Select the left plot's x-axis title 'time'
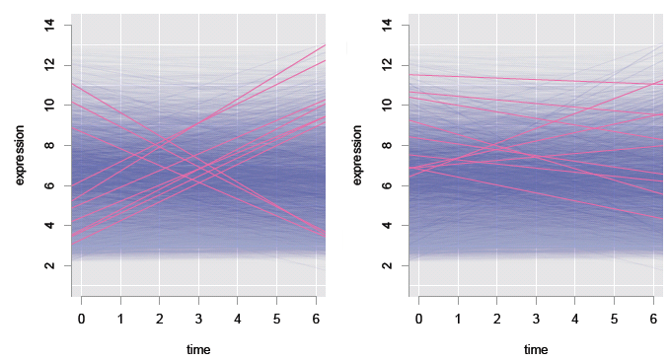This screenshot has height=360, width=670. (198, 349)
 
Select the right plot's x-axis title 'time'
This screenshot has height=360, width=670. (536, 349)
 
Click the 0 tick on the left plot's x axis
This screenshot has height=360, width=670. (82, 321)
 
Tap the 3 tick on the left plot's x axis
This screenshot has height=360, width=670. (198, 321)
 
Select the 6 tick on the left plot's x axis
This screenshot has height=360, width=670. (316, 321)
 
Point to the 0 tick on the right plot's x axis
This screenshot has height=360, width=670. (419, 321)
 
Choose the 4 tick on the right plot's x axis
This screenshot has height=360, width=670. (575, 321)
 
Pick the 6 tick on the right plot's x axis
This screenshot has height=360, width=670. (653, 321)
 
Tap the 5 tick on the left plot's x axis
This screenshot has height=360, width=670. (276, 321)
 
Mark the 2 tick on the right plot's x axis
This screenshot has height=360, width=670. (497, 321)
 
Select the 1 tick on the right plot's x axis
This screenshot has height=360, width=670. (458, 321)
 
